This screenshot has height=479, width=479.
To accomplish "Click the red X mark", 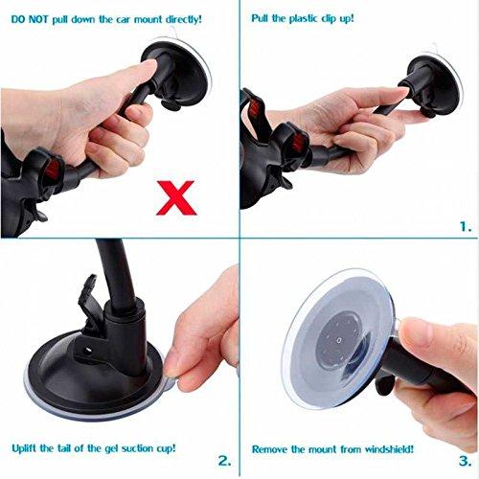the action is (176, 197).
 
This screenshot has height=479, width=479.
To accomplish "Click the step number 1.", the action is (466, 227).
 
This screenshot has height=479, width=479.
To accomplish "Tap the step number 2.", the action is (224, 461).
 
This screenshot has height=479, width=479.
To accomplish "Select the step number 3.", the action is (466, 461).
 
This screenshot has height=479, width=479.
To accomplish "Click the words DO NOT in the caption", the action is (30, 19).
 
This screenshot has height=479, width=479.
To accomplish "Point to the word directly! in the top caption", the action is (184, 20).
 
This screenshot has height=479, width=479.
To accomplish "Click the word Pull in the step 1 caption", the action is (260, 18).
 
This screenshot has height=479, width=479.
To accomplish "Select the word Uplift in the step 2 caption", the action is (24, 448).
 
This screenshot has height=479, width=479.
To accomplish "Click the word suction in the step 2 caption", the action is (132, 448).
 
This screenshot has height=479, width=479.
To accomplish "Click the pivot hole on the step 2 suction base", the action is (86, 351).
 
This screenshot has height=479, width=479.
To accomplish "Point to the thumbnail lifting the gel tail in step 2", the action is (171, 369).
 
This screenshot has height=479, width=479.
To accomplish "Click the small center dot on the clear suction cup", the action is (339, 340).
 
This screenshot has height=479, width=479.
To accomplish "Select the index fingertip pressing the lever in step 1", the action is (401, 92).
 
